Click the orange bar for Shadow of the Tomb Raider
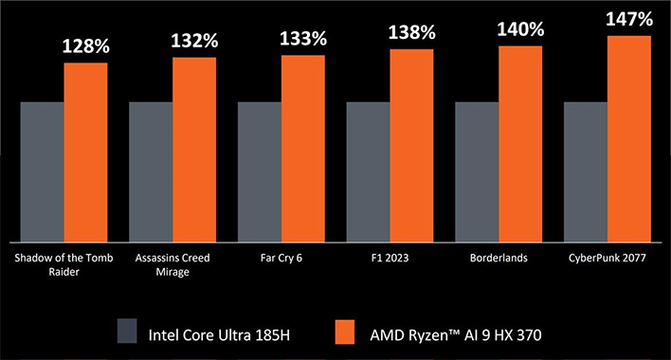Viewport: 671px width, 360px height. tap(86, 152)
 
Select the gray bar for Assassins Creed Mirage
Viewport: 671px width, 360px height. tap(150, 171)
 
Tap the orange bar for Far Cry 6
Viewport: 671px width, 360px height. tap(303, 148)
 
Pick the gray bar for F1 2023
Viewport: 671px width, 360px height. tap(368, 171)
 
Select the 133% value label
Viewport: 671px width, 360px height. tap(303, 39)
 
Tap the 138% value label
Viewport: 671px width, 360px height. tap(412, 33)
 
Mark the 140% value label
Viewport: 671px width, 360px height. tap(520, 29)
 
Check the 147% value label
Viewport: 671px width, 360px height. tap(629, 19)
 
